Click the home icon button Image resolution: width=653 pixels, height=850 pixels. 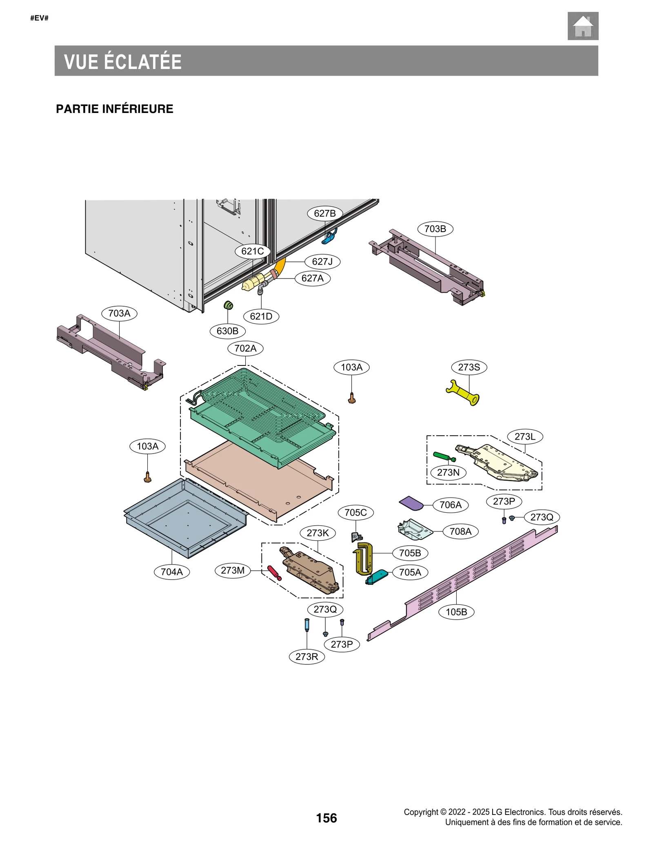pyautogui.click(x=582, y=26)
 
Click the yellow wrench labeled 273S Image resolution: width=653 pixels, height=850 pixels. pyautogui.click(x=463, y=393)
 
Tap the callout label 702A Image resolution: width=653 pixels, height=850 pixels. pyautogui.click(x=245, y=348)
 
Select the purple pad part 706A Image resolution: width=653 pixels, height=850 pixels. pyautogui.click(x=411, y=503)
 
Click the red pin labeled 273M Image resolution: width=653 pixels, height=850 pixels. pyautogui.click(x=274, y=572)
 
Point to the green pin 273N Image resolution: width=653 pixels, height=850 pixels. pyautogui.click(x=444, y=456)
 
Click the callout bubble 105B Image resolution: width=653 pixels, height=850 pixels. pyautogui.click(x=456, y=612)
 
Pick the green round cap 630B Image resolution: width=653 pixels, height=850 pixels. pyautogui.click(x=229, y=305)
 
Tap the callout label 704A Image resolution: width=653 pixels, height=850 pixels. pyautogui.click(x=171, y=572)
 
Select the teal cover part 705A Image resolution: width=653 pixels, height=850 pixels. pyautogui.click(x=377, y=577)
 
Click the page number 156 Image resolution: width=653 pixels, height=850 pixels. pyautogui.click(x=326, y=818)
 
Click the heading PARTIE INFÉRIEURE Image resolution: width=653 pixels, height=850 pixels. pyautogui.click(x=115, y=109)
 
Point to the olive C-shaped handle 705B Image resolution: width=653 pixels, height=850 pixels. pyautogui.click(x=364, y=558)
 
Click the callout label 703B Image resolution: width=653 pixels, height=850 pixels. pyautogui.click(x=435, y=229)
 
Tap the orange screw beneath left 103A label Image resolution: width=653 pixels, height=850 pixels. pyautogui.click(x=148, y=477)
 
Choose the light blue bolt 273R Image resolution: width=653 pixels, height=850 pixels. pyautogui.click(x=307, y=624)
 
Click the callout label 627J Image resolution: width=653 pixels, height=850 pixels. pyautogui.click(x=322, y=261)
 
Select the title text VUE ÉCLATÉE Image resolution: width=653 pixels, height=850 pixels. pyautogui.click(x=123, y=62)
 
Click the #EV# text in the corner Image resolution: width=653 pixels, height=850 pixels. pyautogui.click(x=40, y=18)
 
